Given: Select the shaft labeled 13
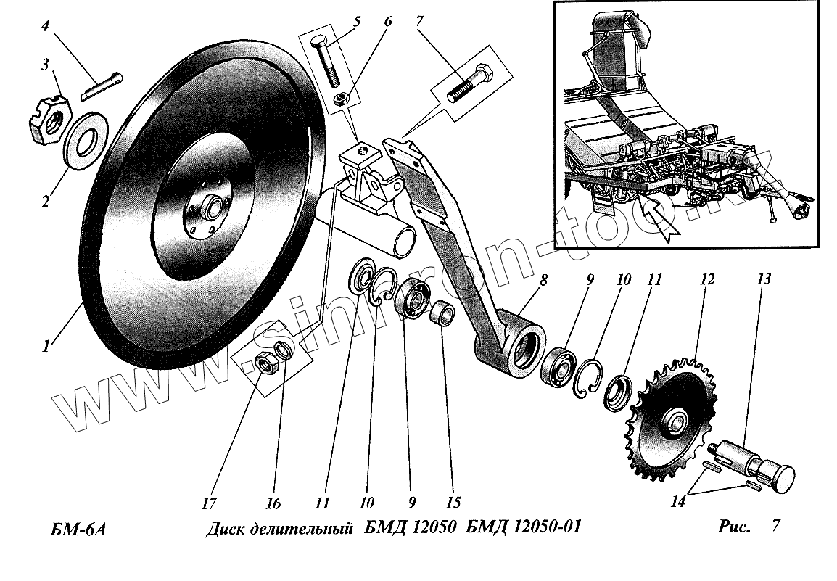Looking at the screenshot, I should (x=755, y=461).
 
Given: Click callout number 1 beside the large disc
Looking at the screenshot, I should (x=46, y=347).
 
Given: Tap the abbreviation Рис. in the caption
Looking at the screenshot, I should (x=733, y=527).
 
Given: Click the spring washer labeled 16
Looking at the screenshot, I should (x=284, y=351).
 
